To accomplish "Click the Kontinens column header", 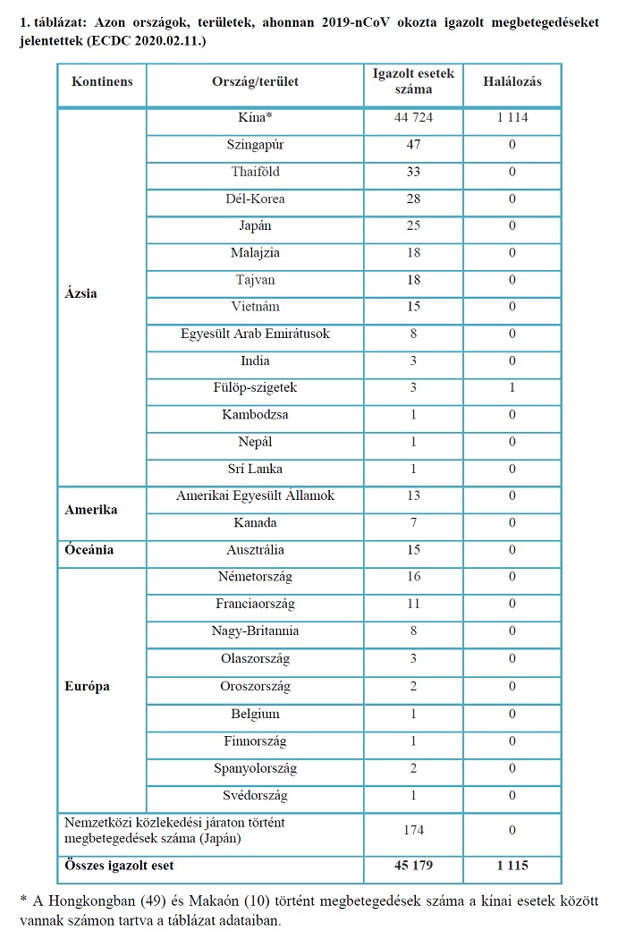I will (102, 81).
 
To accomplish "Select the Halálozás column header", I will (512, 81).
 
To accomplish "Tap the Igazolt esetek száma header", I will (413, 81).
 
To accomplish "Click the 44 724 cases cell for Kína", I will (413, 118).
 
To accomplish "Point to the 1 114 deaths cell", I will (512, 118).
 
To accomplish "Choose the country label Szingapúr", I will (256, 145).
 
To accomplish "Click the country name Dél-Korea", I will (256, 199).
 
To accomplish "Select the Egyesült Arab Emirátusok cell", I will (256, 334).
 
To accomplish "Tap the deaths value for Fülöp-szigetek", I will (512, 388).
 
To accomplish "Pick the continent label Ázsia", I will (81, 293).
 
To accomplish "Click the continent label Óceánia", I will (89, 550).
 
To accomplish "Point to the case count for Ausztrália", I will (413, 550).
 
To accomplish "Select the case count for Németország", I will (413, 577).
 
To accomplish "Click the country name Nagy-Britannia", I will (256, 631).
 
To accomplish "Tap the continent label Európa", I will (88, 687).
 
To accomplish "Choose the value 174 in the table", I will (413, 830).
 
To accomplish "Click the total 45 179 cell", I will (413, 866).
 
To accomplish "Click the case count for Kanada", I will (413, 523).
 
